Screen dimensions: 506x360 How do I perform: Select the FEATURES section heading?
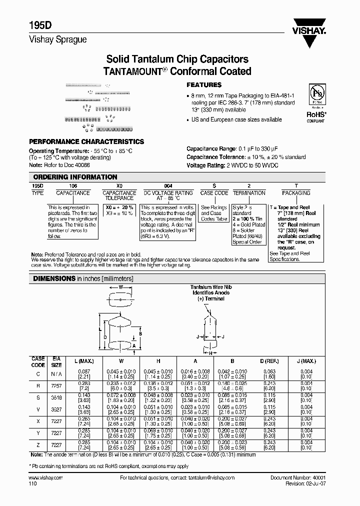coord(203,85)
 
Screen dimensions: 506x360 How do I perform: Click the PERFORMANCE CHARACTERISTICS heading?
coord(86,141)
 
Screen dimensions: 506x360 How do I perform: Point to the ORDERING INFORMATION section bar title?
coord(75,177)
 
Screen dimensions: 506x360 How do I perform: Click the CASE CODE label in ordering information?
coord(214,192)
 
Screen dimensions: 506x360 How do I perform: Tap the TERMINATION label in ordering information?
coord(249,192)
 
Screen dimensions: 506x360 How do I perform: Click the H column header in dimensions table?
coord(158,361)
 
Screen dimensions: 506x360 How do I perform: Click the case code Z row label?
coord(38,444)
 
